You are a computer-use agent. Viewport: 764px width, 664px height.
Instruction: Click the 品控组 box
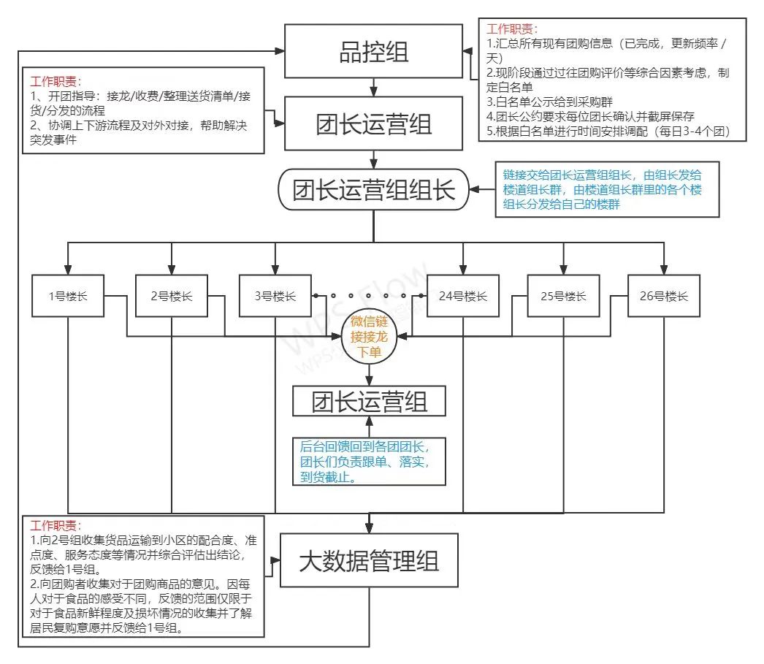373,51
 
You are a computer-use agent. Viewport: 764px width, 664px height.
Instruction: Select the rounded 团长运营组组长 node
373,189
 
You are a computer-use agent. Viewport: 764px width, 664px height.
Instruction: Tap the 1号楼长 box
68,296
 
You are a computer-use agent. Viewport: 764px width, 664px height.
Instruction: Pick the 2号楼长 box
172,296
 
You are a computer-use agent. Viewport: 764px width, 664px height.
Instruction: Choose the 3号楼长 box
275,296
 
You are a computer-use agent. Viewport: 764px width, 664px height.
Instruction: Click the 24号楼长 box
463,296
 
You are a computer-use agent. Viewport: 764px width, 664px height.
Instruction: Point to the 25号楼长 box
563,296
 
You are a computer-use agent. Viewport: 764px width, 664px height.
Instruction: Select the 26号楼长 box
664,296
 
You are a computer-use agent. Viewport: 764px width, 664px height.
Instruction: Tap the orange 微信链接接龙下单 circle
369,336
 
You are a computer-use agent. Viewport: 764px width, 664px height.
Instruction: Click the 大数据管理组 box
369,560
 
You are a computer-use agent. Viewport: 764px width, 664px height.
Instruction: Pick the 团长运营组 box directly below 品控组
373,123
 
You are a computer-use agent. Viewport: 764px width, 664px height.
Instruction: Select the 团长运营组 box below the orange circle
369,401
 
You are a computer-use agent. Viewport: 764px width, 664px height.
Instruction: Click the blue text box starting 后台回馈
369,462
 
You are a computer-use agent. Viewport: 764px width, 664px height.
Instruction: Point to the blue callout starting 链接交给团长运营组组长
607,189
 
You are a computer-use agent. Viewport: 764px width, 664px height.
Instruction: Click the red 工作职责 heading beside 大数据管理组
56,526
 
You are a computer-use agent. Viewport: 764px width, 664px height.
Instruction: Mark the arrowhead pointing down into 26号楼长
664,270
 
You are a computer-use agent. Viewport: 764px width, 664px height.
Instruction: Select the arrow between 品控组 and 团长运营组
373,87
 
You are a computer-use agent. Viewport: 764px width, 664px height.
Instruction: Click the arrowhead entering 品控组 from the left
280,50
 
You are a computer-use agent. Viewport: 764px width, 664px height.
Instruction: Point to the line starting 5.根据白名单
608,131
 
